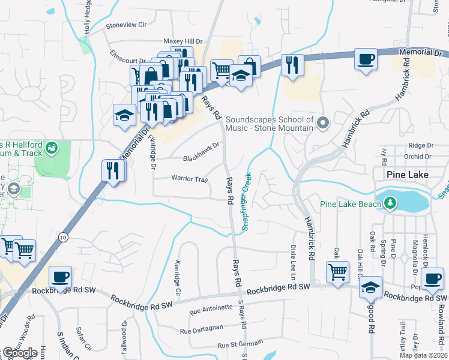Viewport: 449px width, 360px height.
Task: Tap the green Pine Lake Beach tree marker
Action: [391, 203]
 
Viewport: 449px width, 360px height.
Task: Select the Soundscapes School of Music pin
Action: [324, 123]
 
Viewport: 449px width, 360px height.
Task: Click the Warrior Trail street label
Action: [189, 179]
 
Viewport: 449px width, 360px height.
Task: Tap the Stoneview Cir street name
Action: [126, 25]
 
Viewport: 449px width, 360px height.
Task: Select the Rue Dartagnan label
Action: [202, 330]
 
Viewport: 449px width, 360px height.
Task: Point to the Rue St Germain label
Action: [240, 344]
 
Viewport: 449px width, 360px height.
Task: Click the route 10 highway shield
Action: [64, 237]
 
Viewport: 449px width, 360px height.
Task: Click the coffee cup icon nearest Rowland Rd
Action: [432, 277]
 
